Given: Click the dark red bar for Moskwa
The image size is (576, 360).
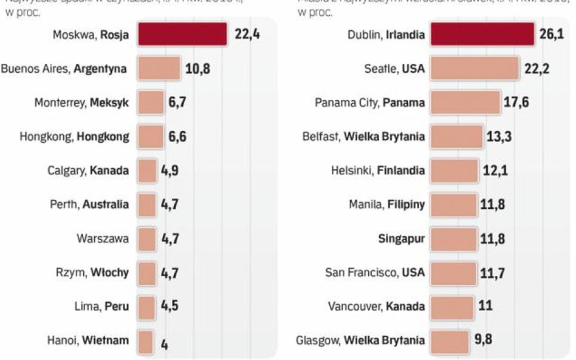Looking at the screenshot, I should [x=182, y=35].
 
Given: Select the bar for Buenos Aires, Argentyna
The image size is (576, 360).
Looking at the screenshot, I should [x=159, y=69].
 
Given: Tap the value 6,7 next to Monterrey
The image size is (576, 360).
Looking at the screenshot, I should [x=177, y=103].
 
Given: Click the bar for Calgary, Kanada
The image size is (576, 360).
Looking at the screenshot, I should [x=147, y=171].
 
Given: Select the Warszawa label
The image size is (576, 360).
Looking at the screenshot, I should [x=103, y=239].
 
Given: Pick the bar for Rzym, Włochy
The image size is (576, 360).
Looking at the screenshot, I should [x=147, y=273].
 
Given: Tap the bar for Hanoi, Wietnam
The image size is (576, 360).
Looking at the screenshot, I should [x=145, y=341].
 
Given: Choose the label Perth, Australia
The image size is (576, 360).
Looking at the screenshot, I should [x=89, y=205].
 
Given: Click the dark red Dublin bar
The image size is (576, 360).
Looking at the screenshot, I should [x=482, y=35].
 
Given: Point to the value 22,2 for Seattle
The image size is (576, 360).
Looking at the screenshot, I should [x=537, y=69].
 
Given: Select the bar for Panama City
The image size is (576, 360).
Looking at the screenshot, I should [x=465, y=103].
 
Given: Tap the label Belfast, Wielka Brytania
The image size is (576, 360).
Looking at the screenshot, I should [x=363, y=137].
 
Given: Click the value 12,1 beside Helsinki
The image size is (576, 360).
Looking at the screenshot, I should [x=495, y=171].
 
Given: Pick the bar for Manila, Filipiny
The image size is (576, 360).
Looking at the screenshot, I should [x=453, y=205].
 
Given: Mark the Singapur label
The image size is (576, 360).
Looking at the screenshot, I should [x=401, y=239].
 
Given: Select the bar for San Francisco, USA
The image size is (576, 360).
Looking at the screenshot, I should [x=453, y=273].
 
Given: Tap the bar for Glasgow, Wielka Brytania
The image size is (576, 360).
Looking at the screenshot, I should [x=450, y=341].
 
